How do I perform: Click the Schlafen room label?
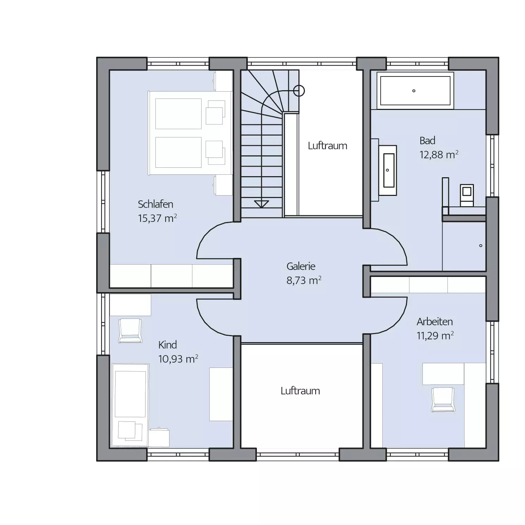[155, 204]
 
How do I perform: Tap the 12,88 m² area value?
[439, 155]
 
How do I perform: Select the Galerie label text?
[301, 266]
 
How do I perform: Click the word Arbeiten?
[434, 322]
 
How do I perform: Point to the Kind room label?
[167, 345]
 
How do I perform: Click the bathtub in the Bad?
[415, 91]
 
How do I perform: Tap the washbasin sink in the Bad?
[389, 170]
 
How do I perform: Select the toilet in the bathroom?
[467, 195]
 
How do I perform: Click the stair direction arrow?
[261, 204]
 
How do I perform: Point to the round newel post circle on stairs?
[299, 91]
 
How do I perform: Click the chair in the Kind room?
[130, 331]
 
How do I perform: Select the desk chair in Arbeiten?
[443, 400]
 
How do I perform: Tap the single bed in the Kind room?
[130, 405]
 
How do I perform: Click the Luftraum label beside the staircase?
[327, 146]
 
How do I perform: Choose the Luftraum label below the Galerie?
[300, 391]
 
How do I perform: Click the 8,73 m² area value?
[304, 280]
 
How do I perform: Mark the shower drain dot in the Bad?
[481, 246]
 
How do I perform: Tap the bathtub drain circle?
[414, 91]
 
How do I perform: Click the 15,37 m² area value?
[157, 218]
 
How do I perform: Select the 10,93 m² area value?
[178, 359]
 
